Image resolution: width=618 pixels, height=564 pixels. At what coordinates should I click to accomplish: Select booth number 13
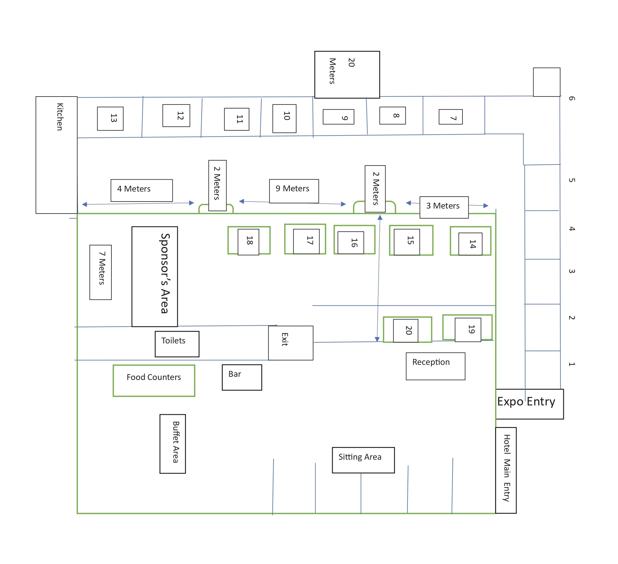click(111, 119)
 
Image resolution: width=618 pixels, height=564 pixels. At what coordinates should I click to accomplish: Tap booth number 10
click(284, 118)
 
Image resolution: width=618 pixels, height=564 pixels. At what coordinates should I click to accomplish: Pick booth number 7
click(450, 117)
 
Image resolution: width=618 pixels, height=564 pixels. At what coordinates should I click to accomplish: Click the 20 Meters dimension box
click(347, 75)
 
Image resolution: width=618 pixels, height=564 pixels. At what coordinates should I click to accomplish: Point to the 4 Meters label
click(141, 190)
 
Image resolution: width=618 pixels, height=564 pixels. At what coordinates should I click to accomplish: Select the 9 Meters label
click(294, 191)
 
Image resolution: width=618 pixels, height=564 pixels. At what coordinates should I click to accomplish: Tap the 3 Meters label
click(444, 207)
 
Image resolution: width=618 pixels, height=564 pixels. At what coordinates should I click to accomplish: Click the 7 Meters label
click(101, 272)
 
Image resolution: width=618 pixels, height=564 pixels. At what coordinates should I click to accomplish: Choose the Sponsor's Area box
click(155, 277)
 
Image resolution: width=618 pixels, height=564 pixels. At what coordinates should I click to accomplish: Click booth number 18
click(248, 242)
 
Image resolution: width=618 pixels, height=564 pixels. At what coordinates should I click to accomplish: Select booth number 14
click(470, 244)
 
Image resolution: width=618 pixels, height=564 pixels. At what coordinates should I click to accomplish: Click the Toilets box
click(177, 344)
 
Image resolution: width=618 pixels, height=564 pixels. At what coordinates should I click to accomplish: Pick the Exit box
click(291, 343)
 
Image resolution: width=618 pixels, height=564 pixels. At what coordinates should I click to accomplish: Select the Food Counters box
click(154, 381)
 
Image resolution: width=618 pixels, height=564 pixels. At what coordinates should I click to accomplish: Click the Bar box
click(242, 378)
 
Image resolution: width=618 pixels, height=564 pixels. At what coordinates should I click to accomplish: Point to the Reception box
click(435, 366)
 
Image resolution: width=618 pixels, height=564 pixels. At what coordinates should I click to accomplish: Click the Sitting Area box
click(363, 460)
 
